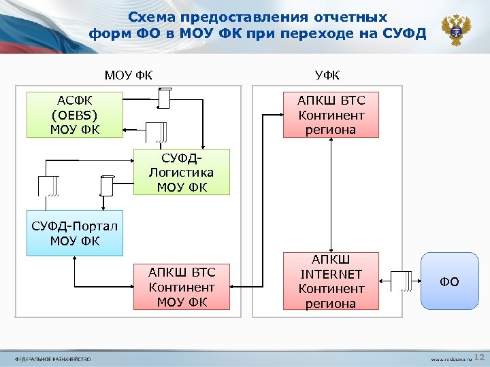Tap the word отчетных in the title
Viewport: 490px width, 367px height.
(354, 17)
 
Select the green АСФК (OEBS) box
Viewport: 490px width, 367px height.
(75, 114)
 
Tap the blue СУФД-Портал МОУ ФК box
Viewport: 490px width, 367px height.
(75, 233)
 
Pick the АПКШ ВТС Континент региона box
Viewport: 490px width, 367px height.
(331, 114)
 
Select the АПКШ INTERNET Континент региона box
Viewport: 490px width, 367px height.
(331, 281)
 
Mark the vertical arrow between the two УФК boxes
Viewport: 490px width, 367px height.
(331, 194)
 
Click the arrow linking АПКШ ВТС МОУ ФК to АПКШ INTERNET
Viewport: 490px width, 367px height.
(257, 286)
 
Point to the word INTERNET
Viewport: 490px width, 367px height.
(331, 274)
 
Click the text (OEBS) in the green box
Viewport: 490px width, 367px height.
(75, 115)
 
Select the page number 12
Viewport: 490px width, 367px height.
(478, 356)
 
